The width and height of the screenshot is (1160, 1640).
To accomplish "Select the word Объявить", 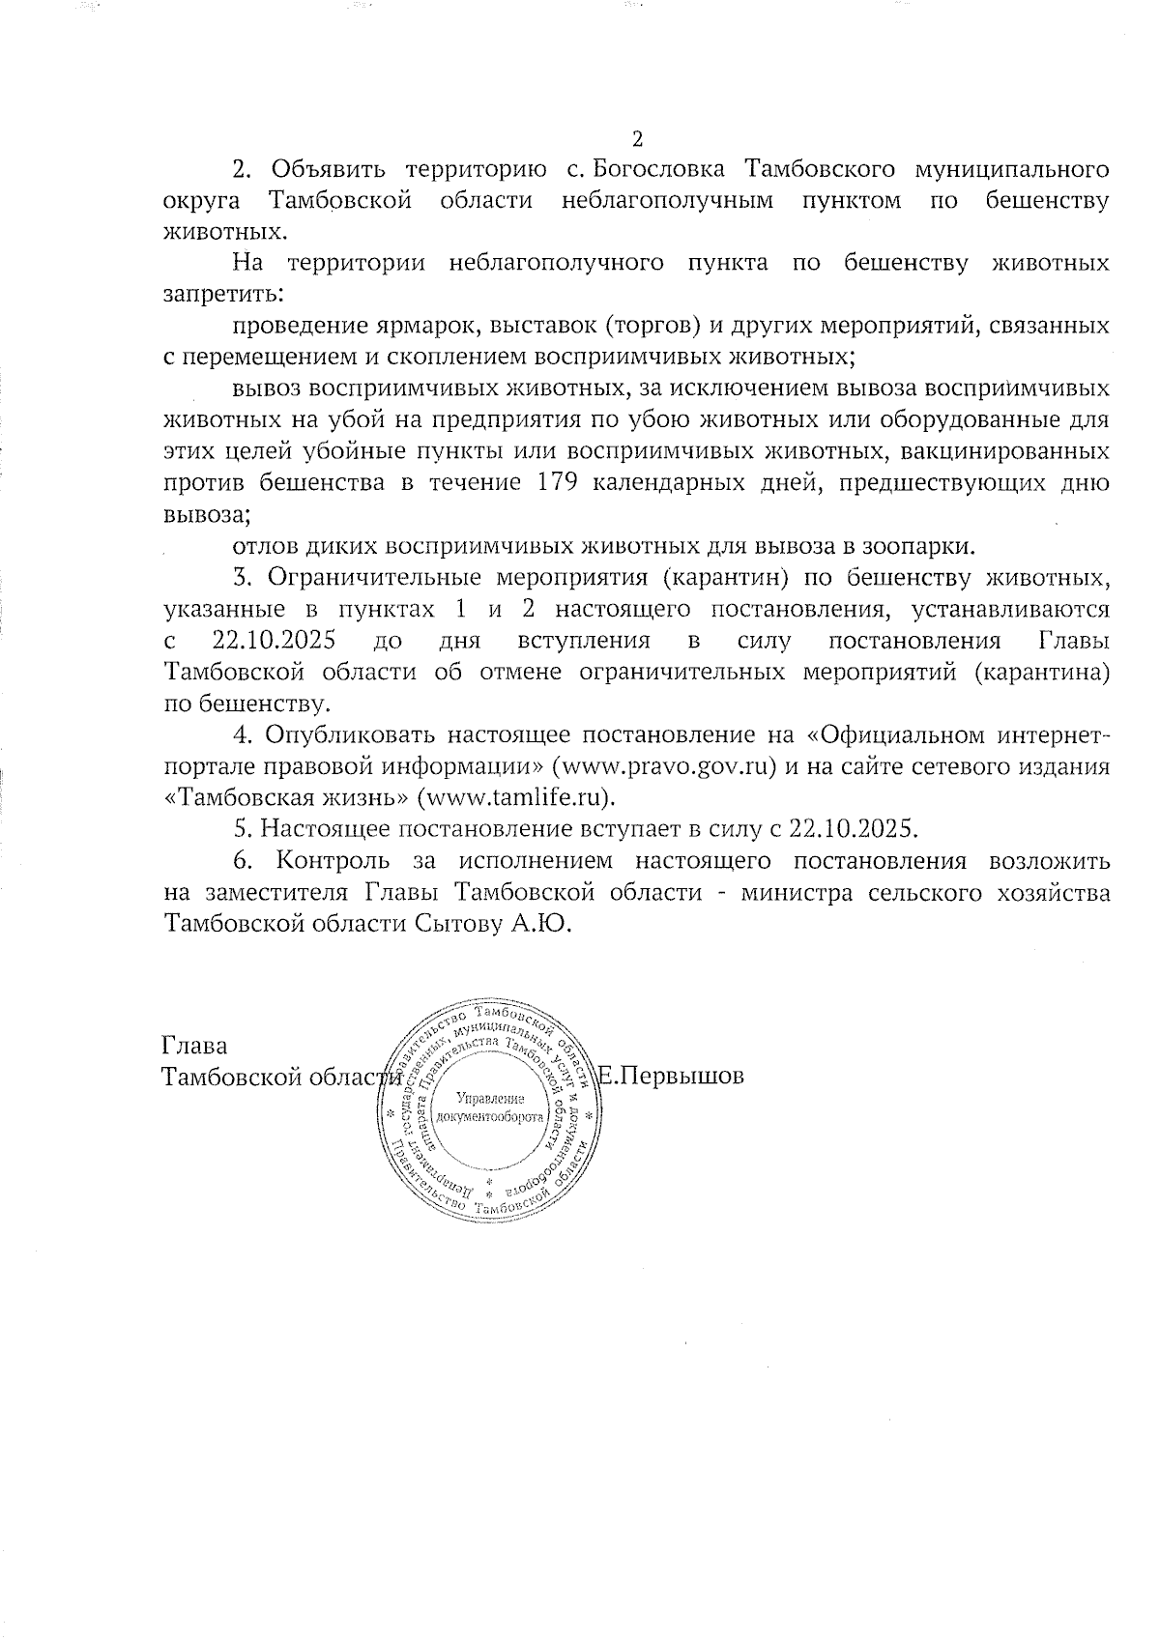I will coord(327,170).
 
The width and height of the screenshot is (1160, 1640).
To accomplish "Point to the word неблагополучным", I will coord(667,201).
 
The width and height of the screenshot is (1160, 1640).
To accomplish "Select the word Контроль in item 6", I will coord(333,860).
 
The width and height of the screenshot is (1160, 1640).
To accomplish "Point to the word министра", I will coord(794,892).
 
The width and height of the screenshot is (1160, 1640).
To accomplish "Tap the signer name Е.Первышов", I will coord(672,1076).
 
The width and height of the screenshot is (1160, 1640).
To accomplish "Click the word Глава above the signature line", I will coord(193,1046).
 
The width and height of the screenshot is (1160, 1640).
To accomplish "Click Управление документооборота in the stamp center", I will coord(490,1108).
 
